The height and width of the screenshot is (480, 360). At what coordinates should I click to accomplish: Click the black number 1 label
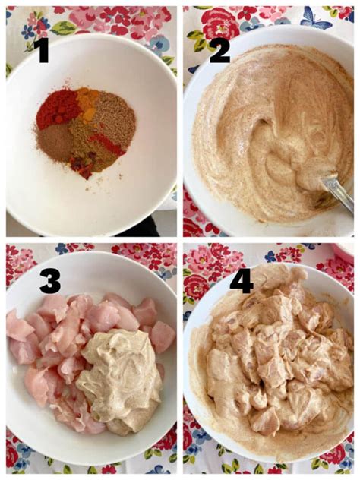41,52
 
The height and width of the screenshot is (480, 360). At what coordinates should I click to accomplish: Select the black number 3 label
50,284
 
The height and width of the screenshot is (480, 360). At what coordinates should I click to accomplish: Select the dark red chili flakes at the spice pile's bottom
82,166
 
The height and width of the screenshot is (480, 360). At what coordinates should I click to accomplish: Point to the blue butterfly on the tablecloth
315,17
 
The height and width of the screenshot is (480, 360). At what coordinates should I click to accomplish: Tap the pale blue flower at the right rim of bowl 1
159,43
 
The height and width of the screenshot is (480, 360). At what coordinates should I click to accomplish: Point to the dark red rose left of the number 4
197,286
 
